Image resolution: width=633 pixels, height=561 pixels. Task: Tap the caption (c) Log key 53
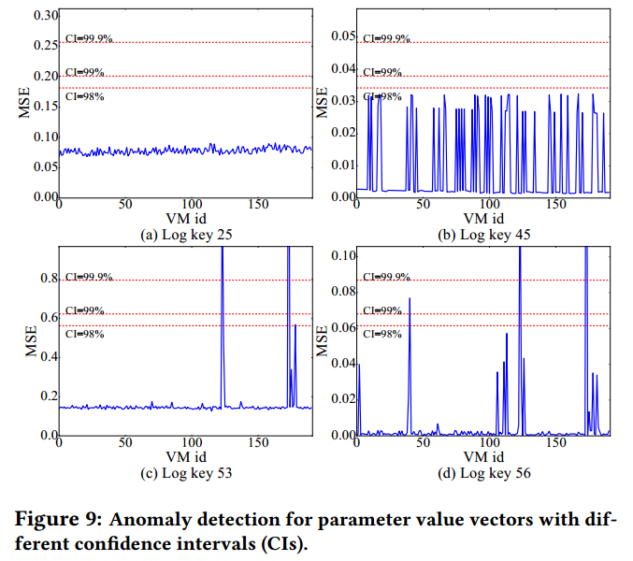pyautogui.click(x=185, y=473)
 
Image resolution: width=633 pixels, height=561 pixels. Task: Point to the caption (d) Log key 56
pyautogui.click(x=483, y=473)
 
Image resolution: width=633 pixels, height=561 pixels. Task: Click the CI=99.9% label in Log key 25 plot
pyautogui.click(x=91, y=38)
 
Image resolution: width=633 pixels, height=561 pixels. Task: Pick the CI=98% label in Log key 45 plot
pyautogui.click(x=382, y=96)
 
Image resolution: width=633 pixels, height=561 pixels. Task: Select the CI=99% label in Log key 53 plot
pyautogui.click(x=85, y=310)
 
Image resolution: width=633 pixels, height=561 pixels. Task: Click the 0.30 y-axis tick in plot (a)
pyautogui.click(x=44, y=16)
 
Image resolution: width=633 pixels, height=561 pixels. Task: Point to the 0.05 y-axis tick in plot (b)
pyautogui.click(x=343, y=36)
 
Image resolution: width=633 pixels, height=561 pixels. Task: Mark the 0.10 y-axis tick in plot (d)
pyautogui.click(x=342, y=255)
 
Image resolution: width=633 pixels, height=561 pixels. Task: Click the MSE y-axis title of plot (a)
pyautogui.click(x=26, y=106)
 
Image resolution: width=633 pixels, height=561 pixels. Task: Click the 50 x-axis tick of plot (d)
pyautogui.click(x=423, y=442)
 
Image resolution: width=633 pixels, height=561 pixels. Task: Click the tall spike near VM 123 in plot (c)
pyautogui.click(x=223, y=280)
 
